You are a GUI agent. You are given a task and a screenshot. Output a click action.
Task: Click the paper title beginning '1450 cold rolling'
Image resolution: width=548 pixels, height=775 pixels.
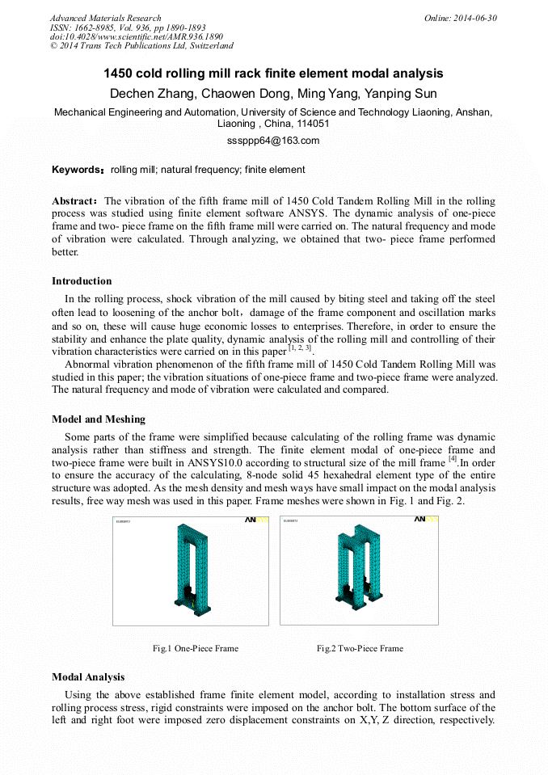(x=273, y=74)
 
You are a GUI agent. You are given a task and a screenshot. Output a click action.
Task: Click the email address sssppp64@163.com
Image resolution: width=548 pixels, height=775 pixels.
(x=273, y=141)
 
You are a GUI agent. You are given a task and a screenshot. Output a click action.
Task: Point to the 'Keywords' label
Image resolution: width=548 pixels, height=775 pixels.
(x=78, y=170)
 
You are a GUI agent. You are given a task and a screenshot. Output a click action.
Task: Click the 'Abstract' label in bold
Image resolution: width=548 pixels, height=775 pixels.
(x=75, y=201)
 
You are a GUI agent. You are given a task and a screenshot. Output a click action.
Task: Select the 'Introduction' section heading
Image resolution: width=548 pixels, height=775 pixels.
(x=82, y=281)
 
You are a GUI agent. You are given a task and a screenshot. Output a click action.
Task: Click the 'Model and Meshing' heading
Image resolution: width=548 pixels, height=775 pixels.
(x=99, y=419)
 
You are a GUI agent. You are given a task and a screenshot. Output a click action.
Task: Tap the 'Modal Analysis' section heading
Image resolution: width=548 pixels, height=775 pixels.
(x=88, y=677)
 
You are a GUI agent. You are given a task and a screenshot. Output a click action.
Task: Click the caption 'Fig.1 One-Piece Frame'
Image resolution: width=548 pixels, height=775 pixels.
(x=196, y=648)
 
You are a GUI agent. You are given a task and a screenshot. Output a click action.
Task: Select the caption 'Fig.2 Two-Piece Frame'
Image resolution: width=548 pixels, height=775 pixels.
(x=360, y=648)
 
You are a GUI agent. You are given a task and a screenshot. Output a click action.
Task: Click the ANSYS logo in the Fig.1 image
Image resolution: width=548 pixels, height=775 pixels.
(x=255, y=520)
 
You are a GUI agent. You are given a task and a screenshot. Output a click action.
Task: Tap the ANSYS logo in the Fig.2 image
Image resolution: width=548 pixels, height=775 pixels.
(x=425, y=520)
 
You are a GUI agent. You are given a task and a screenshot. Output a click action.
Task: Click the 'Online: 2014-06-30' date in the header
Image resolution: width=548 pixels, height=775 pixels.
(x=461, y=18)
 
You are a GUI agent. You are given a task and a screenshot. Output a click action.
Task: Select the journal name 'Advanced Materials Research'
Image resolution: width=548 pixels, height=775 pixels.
(x=105, y=18)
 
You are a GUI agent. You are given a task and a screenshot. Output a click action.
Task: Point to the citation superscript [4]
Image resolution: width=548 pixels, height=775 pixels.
(x=453, y=459)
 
